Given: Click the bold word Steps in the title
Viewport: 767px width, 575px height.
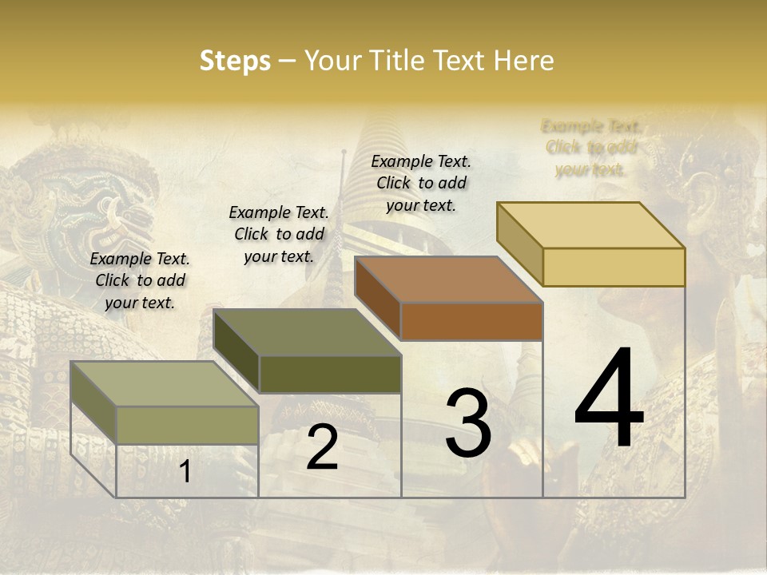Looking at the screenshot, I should point(235,61).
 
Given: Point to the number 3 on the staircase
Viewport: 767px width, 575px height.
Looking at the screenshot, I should point(467,423).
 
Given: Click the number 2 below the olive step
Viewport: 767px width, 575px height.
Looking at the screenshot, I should point(322,447).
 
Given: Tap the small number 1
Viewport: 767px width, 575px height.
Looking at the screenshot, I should point(185,472).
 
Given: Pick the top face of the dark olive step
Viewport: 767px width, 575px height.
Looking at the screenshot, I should point(307,332).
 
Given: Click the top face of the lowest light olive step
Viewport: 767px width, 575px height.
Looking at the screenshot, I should point(165,384).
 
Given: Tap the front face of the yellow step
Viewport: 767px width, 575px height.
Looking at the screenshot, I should point(614,267).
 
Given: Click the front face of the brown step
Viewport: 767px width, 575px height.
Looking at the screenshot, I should point(471,321).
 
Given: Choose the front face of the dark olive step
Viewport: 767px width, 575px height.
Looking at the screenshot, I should point(330,374).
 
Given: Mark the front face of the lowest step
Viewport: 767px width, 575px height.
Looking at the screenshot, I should point(188,425).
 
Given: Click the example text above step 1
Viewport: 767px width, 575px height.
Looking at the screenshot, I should point(140,280).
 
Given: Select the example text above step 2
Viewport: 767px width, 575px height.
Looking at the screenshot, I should point(279,234).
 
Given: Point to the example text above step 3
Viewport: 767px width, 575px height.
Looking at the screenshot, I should point(421,183).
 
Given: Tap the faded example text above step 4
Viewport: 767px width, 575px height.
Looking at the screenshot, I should point(591,148).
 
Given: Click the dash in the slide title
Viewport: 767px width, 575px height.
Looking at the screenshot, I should point(288,61).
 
